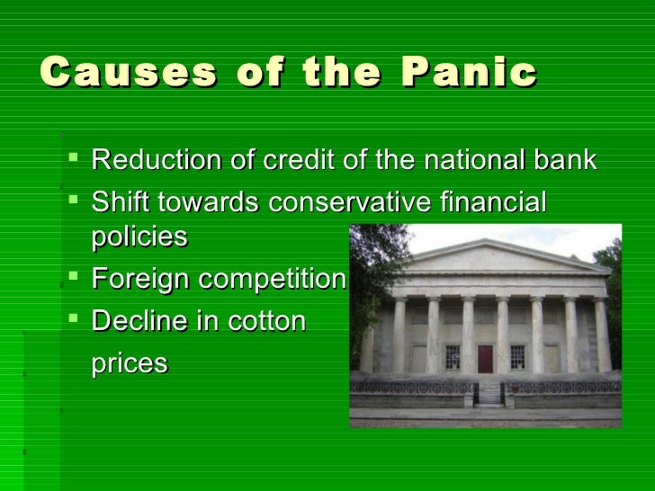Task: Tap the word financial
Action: click(x=492, y=202)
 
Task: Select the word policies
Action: click(x=139, y=237)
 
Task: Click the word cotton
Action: click(x=262, y=319)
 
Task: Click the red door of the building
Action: click(x=486, y=360)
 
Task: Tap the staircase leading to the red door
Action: click(x=489, y=389)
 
